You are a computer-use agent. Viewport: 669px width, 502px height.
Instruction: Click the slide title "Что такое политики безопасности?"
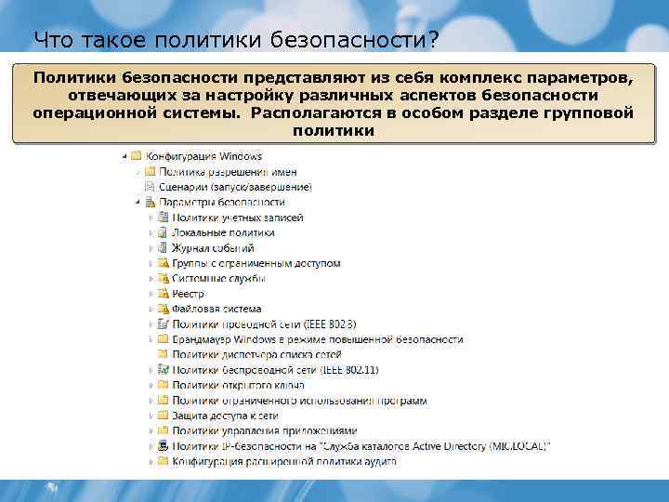(x=236, y=39)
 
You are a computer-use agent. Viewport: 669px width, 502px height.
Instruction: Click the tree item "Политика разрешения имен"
(x=228, y=172)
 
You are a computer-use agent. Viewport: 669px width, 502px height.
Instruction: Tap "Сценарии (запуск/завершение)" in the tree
(x=235, y=187)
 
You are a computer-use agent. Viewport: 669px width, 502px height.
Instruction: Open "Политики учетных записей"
(x=237, y=218)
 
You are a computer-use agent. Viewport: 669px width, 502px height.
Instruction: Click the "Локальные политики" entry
(x=223, y=232)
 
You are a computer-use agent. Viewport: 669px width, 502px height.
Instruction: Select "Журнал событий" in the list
(x=213, y=248)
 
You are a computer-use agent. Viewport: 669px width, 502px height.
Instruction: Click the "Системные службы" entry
(x=218, y=278)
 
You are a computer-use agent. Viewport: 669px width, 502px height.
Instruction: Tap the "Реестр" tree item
(x=188, y=294)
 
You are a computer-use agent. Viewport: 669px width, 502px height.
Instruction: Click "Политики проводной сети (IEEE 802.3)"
(x=264, y=324)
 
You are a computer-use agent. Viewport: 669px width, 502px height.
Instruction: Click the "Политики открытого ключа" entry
(x=233, y=385)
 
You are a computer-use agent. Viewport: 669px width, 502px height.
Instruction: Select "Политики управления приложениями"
(x=264, y=430)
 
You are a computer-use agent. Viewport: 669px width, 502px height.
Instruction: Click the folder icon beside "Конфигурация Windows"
(x=136, y=156)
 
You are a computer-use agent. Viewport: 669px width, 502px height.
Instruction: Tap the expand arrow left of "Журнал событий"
(x=151, y=248)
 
